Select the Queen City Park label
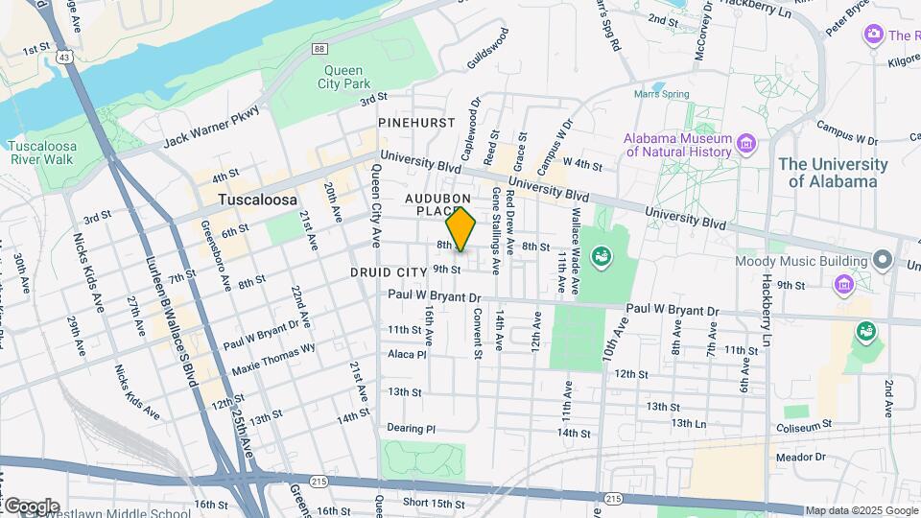[342, 76]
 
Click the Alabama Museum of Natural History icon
[747, 144]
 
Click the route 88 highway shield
[319, 49]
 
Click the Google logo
[31, 506]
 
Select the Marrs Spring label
[662, 94]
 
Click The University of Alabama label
[833, 173]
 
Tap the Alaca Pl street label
[406, 354]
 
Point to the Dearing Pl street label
[411, 428]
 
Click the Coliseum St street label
[805, 426]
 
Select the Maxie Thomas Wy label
[273, 360]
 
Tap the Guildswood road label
[486, 52]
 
